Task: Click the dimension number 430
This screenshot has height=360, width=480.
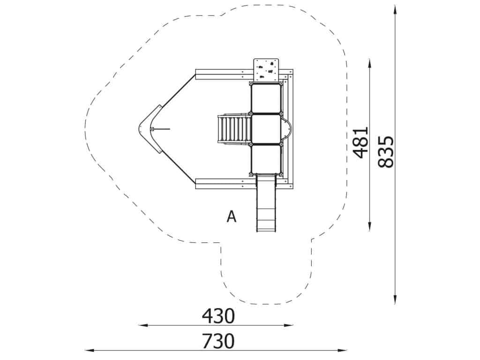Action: [x=218, y=316]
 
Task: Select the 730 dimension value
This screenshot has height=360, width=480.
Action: [x=218, y=341]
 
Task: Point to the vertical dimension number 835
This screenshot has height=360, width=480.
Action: [x=385, y=152]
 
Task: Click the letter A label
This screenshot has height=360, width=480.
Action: [x=232, y=217]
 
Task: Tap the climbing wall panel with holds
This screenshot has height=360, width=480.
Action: [x=266, y=70]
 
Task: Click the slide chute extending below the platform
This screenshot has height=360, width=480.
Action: [x=266, y=203]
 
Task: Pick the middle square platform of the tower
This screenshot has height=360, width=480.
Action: [x=266, y=129]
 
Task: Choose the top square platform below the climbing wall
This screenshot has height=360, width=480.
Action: [x=266, y=98]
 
